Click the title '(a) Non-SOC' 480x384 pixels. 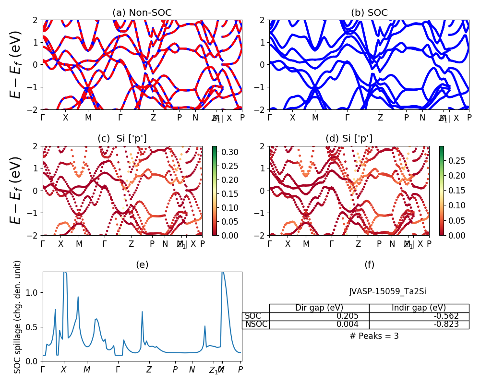click(x=142, y=13)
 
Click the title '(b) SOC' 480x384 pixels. click(x=369, y=13)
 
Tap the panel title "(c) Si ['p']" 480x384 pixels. click(x=122, y=139)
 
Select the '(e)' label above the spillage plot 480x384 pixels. click(x=142, y=264)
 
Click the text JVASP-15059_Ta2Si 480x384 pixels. click(x=387, y=291)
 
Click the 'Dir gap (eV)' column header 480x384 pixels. click(x=319, y=308)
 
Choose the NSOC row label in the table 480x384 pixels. click(x=256, y=324)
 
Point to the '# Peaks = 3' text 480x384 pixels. click(x=374, y=336)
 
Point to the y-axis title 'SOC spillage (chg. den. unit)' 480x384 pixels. click(x=18, y=317)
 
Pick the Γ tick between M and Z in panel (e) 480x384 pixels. click(x=118, y=370)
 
